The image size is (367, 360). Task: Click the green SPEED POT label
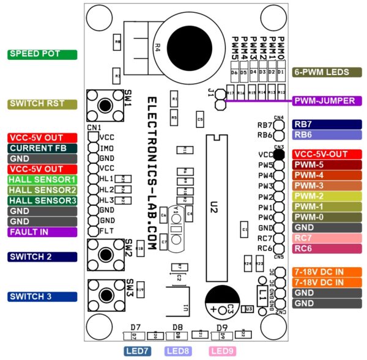pyautogui.click(x=42, y=54)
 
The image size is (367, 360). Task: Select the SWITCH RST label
pyautogui.click(x=42, y=104)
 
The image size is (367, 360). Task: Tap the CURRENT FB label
pyautogui.click(x=42, y=148)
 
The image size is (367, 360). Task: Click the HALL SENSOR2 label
pyautogui.click(x=42, y=190)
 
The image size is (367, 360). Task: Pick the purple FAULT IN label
pyautogui.click(x=42, y=232)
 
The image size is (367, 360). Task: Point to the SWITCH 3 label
pyautogui.click(x=42, y=296)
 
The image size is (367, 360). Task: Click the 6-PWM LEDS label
pyautogui.click(x=327, y=72)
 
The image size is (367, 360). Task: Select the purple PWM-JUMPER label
pyautogui.click(x=327, y=101)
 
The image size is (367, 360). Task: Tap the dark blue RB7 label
pyautogui.click(x=327, y=124)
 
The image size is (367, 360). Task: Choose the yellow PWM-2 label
pyautogui.click(x=327, y=196)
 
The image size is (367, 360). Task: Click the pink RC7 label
pyautogui.click(x=327, y=238)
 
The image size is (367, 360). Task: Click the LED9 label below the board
pyautogui.click(x=222, y=351)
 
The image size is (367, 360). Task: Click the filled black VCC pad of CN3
pyautogui.click(x=279, y=155)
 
